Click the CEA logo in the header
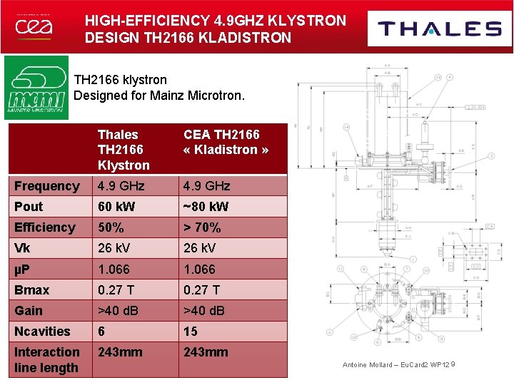tap(34, 28)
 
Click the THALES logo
tap(440, 29)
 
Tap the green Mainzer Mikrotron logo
tap(36, 87)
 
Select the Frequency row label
tap(47, 186)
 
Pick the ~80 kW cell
tap(206, 207)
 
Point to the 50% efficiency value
tap(111, 227)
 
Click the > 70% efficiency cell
tap(202, 227)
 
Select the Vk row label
tap(22, 248)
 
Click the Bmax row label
tap(32, 289)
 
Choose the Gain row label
tap(29, 310)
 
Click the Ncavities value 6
tap(102, 331)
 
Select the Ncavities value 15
tap(191, 331)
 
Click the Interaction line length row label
tap(47, 359)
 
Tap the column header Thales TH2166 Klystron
tap(123, 150)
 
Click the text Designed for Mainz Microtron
tap(159, 95)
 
